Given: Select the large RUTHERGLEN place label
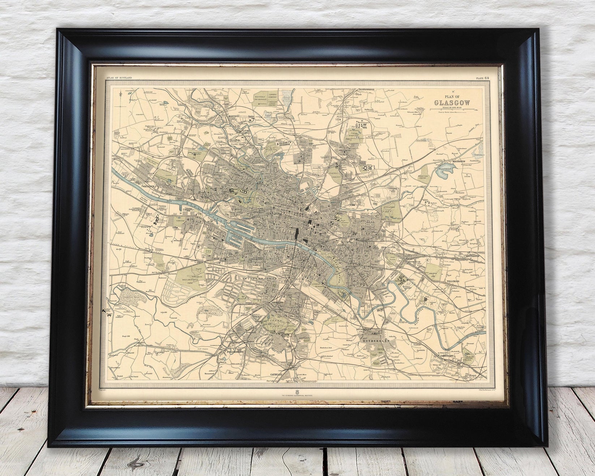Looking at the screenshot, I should click(378, 340).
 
